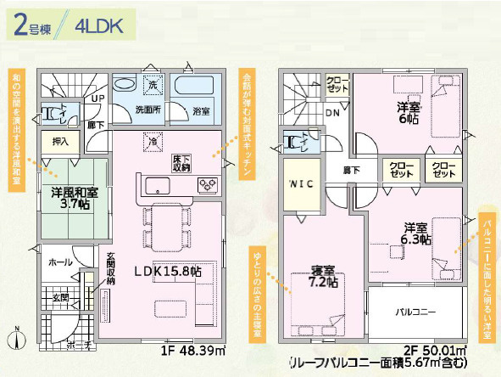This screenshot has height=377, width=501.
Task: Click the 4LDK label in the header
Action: (x=99, y=25)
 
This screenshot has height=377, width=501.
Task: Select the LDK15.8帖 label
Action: (x=164, y=271)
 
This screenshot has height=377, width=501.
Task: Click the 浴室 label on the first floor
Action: (x=202, y=110)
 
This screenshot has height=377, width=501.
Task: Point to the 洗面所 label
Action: (x=149, y=110)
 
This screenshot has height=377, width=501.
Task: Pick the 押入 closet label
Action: (x=61, y=142)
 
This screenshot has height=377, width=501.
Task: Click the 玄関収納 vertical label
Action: (x=111, y=272)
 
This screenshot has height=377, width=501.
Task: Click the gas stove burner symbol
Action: (x=209, y=184)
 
